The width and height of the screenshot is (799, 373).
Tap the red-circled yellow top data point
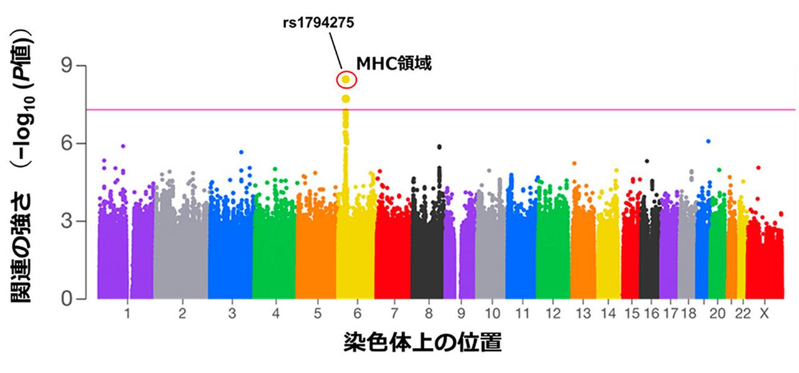[x=345, y=80]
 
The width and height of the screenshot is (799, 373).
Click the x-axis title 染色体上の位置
[x=422, y=343]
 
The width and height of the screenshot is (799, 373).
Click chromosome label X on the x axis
[x=763, y=314]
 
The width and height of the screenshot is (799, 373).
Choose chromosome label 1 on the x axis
[x=127, y=314]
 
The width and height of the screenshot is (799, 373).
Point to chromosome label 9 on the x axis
[x=461, y=314]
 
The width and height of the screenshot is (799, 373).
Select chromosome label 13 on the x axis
[x=584, y=314]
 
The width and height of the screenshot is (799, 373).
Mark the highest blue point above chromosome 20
[x=708, y=141]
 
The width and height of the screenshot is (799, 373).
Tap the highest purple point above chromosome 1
[x=124, y=146]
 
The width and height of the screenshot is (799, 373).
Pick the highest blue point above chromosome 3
[x=241, y=152]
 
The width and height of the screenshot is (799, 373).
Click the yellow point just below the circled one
[x=345, y=99]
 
